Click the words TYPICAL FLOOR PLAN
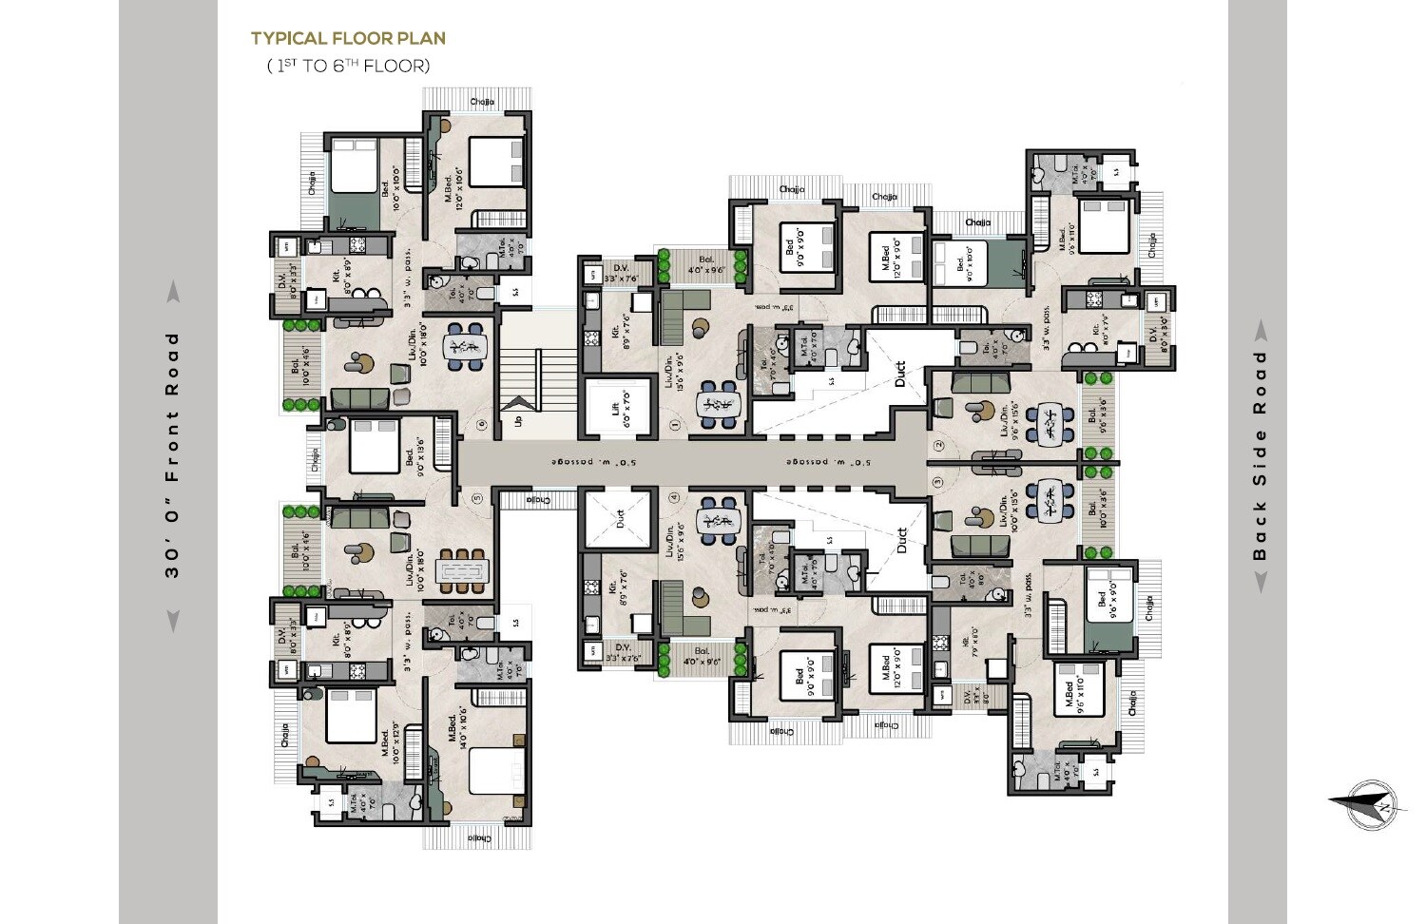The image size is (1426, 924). [x=348, y=39]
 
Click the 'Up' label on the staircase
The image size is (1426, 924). [x=518, y=419]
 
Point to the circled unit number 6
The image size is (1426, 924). [x=482, y=425]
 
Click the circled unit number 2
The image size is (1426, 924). [x=938, y=445]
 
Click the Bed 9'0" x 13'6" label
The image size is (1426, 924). [x=419, y=456]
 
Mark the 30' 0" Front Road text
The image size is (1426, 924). [x=172, y=454]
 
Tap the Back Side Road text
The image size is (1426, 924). [x=1261, y=454]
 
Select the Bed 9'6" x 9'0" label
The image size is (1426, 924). [x=1106, y=600]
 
